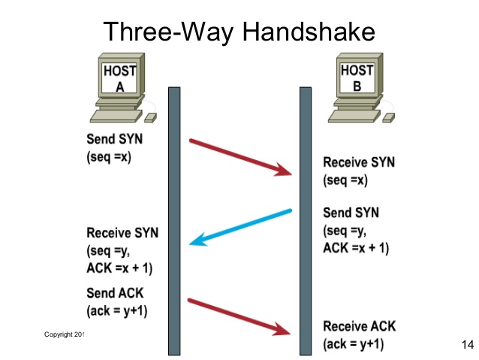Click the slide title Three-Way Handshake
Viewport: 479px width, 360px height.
(239, 32)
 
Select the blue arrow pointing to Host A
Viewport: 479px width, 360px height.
(240, 227)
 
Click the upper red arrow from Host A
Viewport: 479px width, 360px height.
(240, 157)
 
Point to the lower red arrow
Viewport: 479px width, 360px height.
(240, 316)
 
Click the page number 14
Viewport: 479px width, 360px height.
(465, 344)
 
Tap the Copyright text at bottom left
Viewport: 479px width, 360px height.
(65, 333)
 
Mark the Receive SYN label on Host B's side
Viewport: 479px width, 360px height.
(358, 162)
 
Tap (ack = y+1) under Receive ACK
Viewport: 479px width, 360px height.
(354, 344)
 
